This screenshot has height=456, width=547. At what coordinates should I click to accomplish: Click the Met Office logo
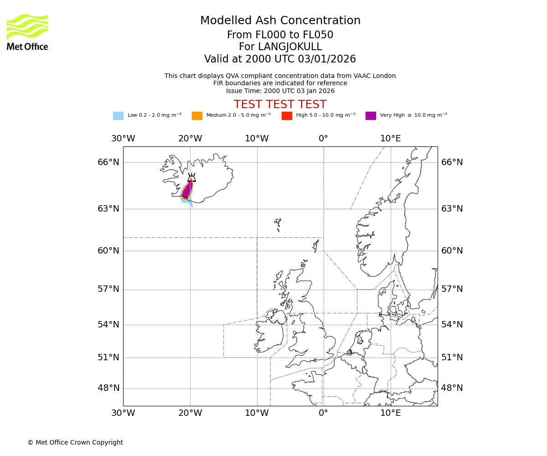coord(27,32)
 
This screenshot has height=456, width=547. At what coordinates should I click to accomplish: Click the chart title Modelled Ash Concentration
coord(280,21)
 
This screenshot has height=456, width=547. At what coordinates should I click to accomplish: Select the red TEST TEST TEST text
coord(280,105)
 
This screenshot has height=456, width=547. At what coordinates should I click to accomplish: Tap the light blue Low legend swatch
coord(118,116)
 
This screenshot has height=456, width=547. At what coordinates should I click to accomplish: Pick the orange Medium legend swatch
coord(197,116)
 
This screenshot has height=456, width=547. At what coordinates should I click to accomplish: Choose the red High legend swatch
coord(287,116)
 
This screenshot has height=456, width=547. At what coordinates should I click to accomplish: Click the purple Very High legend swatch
coord(371,116)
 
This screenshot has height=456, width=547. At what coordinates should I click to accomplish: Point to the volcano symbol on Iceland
coord(192,178)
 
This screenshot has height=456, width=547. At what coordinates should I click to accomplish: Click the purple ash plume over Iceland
coord(187,190)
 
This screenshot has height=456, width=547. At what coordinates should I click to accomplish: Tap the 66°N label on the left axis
coord(108,162)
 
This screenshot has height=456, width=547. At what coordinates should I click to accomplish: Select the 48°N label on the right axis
coord(452,388)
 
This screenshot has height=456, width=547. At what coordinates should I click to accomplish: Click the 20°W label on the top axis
coord(190,139)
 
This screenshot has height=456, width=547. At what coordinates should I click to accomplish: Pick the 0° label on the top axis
coord(323,139)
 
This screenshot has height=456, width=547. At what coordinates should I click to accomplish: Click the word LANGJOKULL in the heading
coord(290,47)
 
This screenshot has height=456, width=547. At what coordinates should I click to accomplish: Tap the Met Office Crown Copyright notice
coord(75,443)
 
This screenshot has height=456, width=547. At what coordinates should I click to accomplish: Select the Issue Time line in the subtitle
coord(280,91)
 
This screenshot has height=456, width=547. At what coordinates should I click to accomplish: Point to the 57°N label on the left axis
coord(108,289)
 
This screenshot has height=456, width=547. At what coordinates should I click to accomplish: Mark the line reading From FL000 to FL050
coord(280,35)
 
